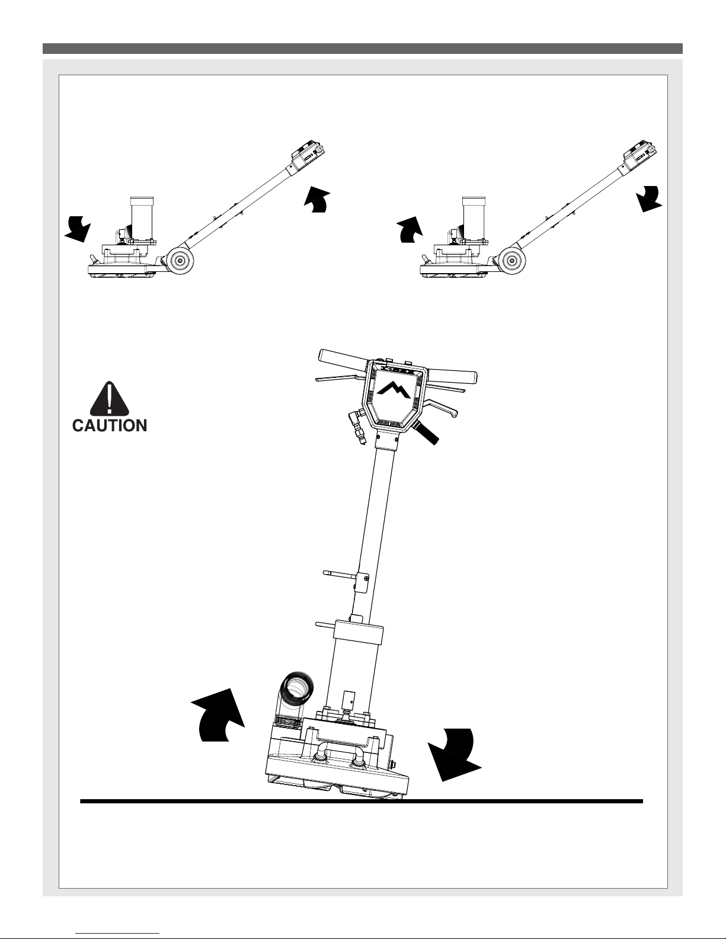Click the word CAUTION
(x=110, y=425)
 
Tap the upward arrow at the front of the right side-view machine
(x=410, y=230)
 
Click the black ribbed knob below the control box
(x=426, y=433)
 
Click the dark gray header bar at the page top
(x=363, y=48)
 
